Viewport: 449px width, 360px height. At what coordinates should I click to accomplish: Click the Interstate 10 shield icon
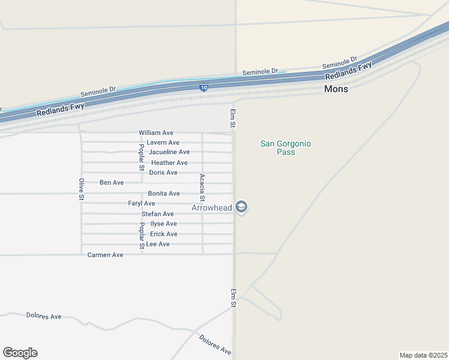pyautogui.click(x=203, y=88)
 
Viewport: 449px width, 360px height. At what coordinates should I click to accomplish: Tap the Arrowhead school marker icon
pyautogui.click(x=241, y=207)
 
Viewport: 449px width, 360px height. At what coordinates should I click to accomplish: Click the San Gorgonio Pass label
pyautogui.click(x=286, y=148)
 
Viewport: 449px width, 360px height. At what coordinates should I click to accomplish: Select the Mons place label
pyautogui.click(x=336, y=89)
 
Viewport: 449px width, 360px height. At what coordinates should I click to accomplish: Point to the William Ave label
pyautogui.click(x=156, y=133)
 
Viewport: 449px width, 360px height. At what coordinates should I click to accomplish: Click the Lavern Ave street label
pyautogui.click(x=163, y=143)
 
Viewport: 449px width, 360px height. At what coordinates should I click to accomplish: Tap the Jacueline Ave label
pyautogui.click(x=169, y=152)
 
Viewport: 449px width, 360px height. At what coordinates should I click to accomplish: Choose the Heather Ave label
pyautogui.click(x=169, y=163)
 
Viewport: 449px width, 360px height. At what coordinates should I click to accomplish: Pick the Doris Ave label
pyautogui.click(x=163, y=173)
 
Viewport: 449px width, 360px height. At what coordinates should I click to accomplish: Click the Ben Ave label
pyautogui.click(x=112, y=182)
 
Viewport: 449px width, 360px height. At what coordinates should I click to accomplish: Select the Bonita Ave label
pyautogui.click(x=164, y=194)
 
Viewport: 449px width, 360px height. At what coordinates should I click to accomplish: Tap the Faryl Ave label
pyautogui.click(x=142, y=204)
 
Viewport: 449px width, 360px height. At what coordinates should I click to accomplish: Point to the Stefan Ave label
pyautogui.click(x=158, y=214)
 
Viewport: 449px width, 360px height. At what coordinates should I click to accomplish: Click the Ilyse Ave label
pyautogui.click(x=163, y=224)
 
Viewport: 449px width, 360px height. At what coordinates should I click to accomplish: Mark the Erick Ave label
pyautogui.click(x=164, y=234)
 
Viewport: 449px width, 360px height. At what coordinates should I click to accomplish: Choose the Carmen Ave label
pyautogui.click(x=105, y=255)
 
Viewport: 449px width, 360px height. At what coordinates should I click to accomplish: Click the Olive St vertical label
pyautogui.click(x=82, y=189)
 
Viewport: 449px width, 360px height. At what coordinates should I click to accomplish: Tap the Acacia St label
pyautogui.click(x=202, y=187)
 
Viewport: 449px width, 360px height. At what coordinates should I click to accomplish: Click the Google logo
pyautogui.click(x=20, y=353)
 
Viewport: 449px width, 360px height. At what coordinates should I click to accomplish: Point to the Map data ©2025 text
pyautogui.click(x=423, y=355)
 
